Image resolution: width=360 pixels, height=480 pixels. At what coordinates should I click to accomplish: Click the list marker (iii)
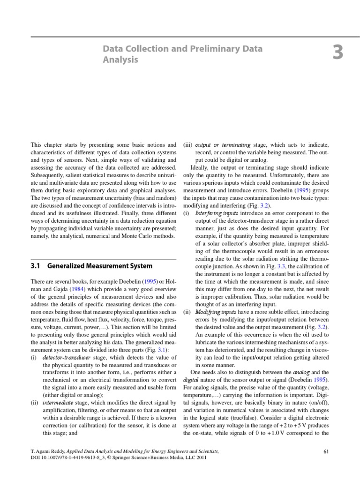pyautogui.click(x=188, y=145)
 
